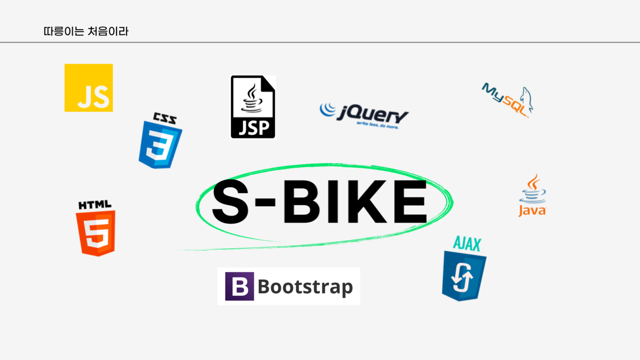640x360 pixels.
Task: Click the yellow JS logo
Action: [89, 88]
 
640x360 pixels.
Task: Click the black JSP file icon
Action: [252, 107]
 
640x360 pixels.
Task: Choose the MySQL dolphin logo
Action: [507, 100]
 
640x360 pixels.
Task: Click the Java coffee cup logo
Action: [532, 195]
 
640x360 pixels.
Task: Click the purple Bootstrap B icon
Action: [239, 286]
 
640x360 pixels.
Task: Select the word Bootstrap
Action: [305, 287]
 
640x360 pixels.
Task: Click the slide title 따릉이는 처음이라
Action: [86, 31]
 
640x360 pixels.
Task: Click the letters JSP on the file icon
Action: [252, 127]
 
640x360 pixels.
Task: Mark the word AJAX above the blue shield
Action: [467, 244]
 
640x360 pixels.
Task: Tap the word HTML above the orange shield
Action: [95, 205]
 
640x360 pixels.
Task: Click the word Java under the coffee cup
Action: [532, 211]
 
